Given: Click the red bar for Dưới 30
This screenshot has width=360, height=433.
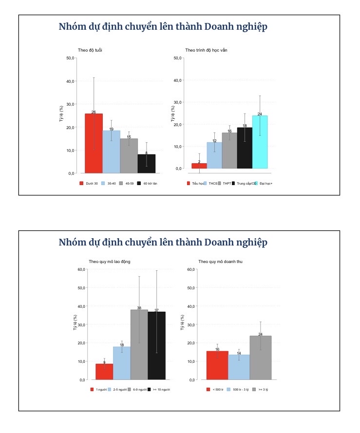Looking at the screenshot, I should (x=94, y=143).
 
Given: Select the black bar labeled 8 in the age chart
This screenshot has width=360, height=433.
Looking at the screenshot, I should (x=146, y=164).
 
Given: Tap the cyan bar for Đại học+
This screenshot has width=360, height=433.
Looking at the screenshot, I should (x=260, y=142).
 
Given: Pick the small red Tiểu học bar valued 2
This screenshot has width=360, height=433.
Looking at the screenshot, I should (x=199, y=166).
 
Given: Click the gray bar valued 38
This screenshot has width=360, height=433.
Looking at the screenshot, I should (x=139, y=345).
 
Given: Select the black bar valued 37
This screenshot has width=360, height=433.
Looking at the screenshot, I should (x=157, y=346).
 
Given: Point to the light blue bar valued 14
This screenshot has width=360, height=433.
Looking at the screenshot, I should (x=239, y=367).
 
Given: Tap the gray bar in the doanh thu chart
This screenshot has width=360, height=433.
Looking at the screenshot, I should (x=260, y=358).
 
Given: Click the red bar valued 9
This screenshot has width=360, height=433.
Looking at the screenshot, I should (x=104, y=372).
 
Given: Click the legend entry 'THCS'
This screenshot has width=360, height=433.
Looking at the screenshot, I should (x=212, y=183).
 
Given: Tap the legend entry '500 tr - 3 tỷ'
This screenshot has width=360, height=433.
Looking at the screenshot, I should (x=241, y=390).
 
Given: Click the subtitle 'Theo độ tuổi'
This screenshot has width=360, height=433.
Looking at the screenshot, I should (x=90, y=50).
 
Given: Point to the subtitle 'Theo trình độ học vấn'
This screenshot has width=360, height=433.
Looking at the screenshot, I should (x=206, y=50).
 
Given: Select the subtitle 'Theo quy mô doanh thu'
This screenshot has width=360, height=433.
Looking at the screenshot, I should (x=220, y=262).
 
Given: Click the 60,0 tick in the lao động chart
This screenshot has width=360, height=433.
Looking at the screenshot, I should (x=81, y=269).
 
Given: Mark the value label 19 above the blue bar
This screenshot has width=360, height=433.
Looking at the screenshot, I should (x=111, y=129).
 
